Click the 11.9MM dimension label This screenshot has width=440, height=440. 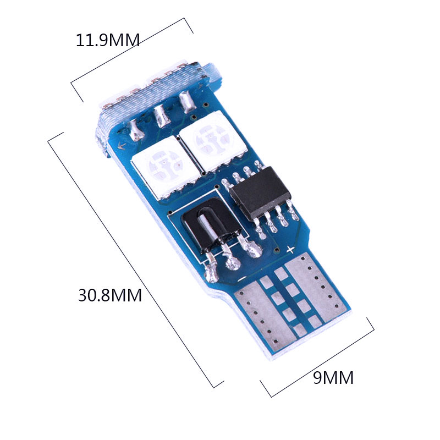point(108,40)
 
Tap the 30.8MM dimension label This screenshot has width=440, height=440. point(110,295)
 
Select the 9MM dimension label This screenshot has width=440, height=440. point(333,378)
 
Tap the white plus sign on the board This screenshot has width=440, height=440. point(291,249)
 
